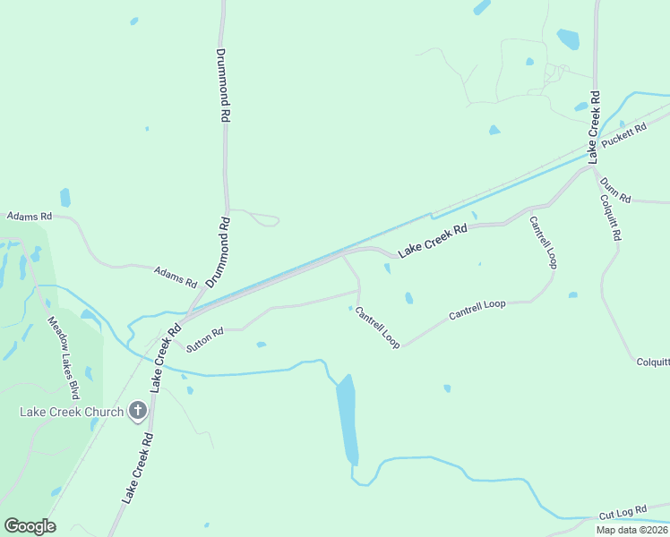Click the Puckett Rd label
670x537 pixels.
click(624, 137)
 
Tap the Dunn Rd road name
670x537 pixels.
click(615, 190)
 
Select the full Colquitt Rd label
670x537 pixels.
click(612, 218)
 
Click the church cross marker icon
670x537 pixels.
click(138, 412)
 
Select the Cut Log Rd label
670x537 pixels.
click(623, 512)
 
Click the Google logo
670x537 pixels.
click(30, 525)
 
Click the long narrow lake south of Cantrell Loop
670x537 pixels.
click(347, 419)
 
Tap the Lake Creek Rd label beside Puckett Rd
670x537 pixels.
click(593, 125)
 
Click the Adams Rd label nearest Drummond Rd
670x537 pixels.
click(175, 277)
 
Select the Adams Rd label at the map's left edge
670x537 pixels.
click(30, 217)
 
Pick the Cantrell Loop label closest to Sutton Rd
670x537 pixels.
click(377, 328)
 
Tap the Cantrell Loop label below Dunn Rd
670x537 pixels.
click(544, 243)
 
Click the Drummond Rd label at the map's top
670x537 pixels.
click(224, 85)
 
